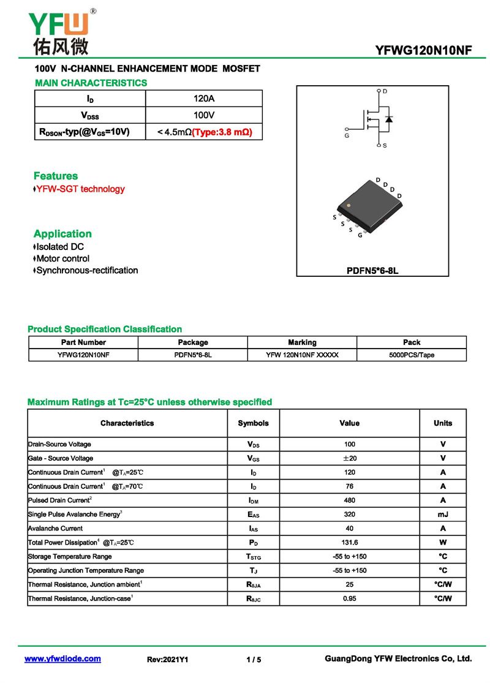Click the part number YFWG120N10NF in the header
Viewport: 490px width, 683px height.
(423, 51)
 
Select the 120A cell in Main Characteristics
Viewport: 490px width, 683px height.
(204, 99)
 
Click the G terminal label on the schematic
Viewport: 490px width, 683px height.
(347, 135)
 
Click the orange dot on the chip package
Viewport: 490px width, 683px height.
(349, 205)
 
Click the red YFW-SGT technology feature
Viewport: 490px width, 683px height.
(80, 189)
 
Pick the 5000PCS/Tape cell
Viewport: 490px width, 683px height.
(412, 355)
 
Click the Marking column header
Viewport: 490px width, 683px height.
(303, 342)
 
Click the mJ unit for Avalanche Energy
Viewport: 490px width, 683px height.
(443, 515)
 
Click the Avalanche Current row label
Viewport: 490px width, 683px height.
(56, 529)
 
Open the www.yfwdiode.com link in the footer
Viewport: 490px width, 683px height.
(62, 659)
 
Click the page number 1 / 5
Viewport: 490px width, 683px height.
(254, 660)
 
